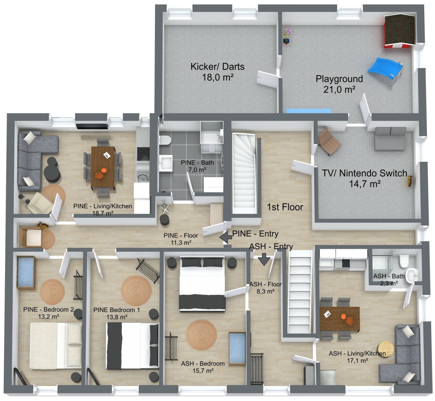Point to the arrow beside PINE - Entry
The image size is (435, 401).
tap(226, 237)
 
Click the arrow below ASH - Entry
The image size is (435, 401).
tap(264, 259)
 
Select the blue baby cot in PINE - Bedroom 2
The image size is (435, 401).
tap(26, 273)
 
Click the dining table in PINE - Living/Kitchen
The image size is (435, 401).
tap(103, 167)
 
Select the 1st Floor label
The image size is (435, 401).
tap(285, 207)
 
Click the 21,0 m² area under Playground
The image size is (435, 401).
tap(339, 89)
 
